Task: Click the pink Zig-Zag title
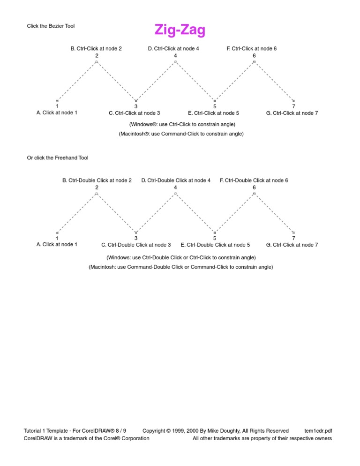pyautogui.click(x=180, y=30)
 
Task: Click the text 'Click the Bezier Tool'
pyautogui.click(x=51, y=26)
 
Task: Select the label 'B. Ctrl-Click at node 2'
pyautogui.click(x=96, y=48)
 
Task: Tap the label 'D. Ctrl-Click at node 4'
pyautogui.click(x=173, y=48)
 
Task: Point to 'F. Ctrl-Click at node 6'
pyautogui.click(x=252, y=48)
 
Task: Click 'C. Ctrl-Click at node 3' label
pyautogui.click(x=135, y=113)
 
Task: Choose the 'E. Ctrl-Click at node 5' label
pyautogui.click(x=213, y=113)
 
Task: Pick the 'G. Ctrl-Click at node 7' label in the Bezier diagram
pyautogui.click(x=292, y=113)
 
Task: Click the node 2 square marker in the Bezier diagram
pyautogui.click(x=97, y=61)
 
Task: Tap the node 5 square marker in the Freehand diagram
pyautogui.click(x=215, y=233)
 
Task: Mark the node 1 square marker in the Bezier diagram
pyautogui.click(x=57, y=101)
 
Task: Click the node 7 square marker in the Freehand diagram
pyautogui.click(x=293, y=233)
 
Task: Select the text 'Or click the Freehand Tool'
pyautogui.click(x=58, y=158)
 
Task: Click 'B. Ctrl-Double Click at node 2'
pyautogui.click(x=97, y=180)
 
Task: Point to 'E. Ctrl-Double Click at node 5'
pyautogui.click(x=215, y=245)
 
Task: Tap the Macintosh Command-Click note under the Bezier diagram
pyautogui.click(x=181, y=134)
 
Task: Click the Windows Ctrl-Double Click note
pyautogui.click(x=181, y=258)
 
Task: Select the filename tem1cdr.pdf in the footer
pyautogui.click(x=318, y=431)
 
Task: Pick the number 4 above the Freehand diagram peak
pyautogui.click(x=175, y=188)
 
